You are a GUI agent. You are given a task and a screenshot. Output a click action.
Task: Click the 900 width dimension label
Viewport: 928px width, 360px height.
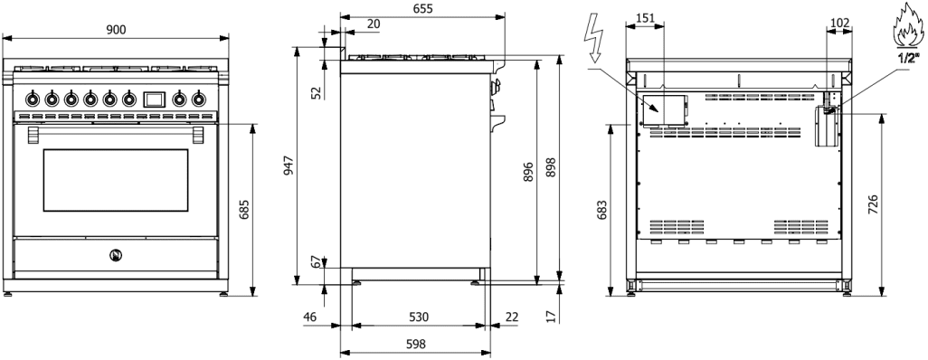[116, 30]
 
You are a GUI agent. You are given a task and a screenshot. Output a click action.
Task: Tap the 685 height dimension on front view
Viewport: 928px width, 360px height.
[244, 209]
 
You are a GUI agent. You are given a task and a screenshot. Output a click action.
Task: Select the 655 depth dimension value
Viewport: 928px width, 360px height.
[422, 8]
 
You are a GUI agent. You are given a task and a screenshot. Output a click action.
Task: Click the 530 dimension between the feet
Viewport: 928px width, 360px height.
[418, 317]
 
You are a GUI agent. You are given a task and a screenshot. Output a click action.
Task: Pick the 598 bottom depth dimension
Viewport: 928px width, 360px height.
[415, 344]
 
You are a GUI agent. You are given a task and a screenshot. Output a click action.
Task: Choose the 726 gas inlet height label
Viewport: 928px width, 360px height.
[873, 204]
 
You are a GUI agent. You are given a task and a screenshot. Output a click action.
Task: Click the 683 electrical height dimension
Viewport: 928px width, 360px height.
[601, 210]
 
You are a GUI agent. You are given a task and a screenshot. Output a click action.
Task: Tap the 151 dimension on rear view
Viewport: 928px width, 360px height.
[645, 18]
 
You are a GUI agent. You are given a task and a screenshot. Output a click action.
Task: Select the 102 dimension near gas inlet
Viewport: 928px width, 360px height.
[840, 24]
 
